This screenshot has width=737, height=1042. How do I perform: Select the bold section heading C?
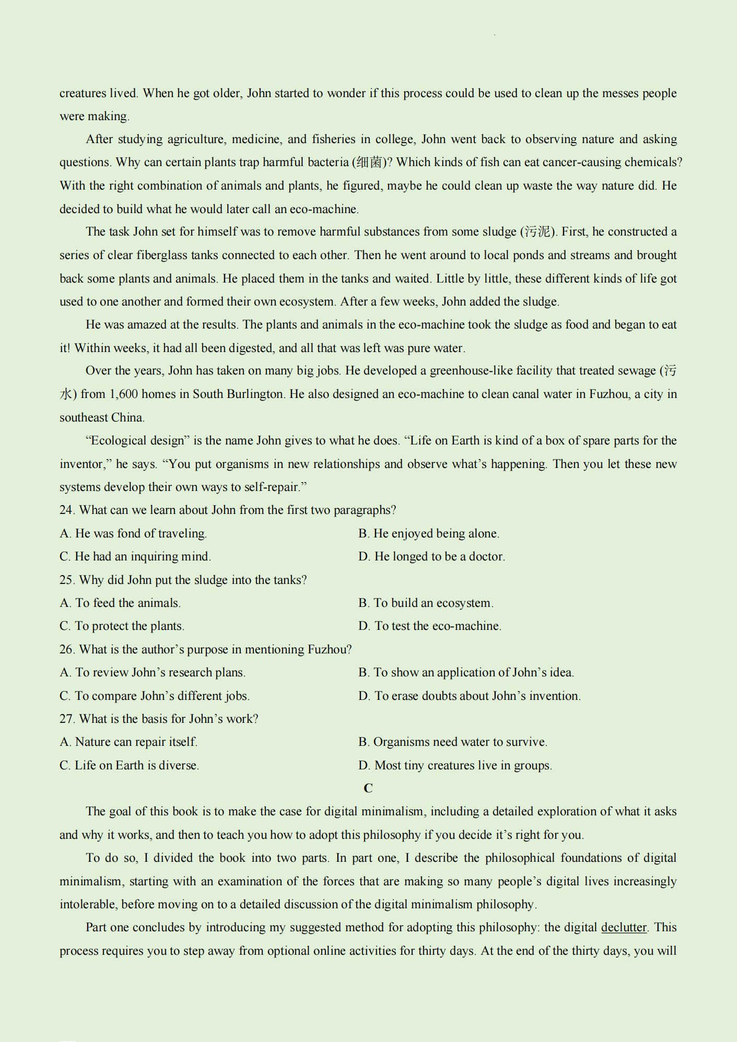[368, 788]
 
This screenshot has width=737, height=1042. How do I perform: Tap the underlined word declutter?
[624, 928]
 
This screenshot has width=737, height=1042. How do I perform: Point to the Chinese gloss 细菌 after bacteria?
[370, 162]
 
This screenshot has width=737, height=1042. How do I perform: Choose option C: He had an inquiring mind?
[135, 557]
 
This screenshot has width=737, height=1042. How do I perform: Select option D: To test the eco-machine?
[430, 626]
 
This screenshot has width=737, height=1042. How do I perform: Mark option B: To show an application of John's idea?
[466, 673]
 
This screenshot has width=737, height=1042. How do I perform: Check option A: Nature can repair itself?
[128, 742]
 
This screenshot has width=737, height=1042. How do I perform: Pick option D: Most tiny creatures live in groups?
[455, 766]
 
